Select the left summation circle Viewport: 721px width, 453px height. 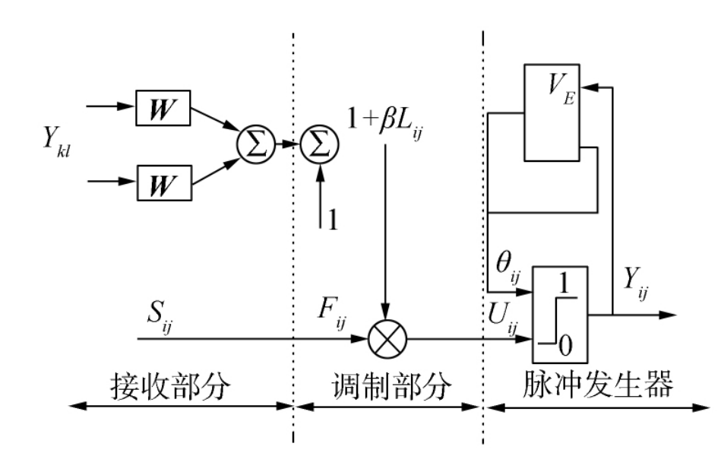pos(255,144)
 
